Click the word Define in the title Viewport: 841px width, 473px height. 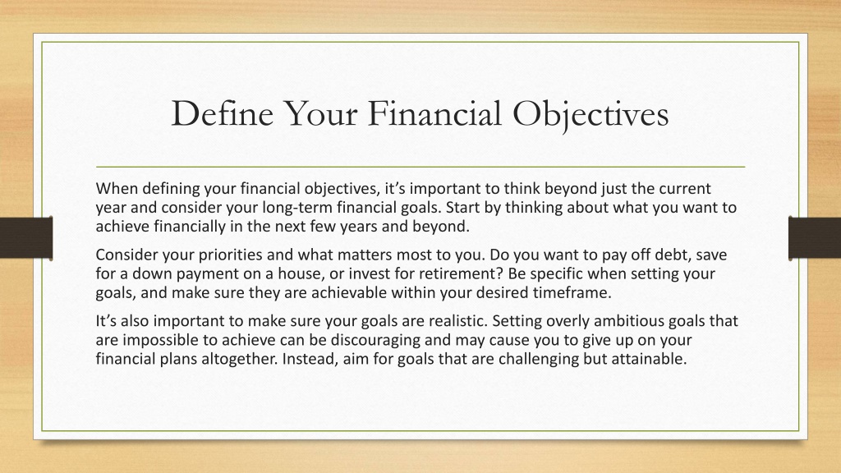(222, 113)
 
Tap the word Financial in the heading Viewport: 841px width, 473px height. (434, 113)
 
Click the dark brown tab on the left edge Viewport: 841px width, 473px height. (26, 238)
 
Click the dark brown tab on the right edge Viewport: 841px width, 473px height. (815, 238)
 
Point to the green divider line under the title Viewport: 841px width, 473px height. (420, 167)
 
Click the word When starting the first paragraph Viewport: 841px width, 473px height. (117, 189)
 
